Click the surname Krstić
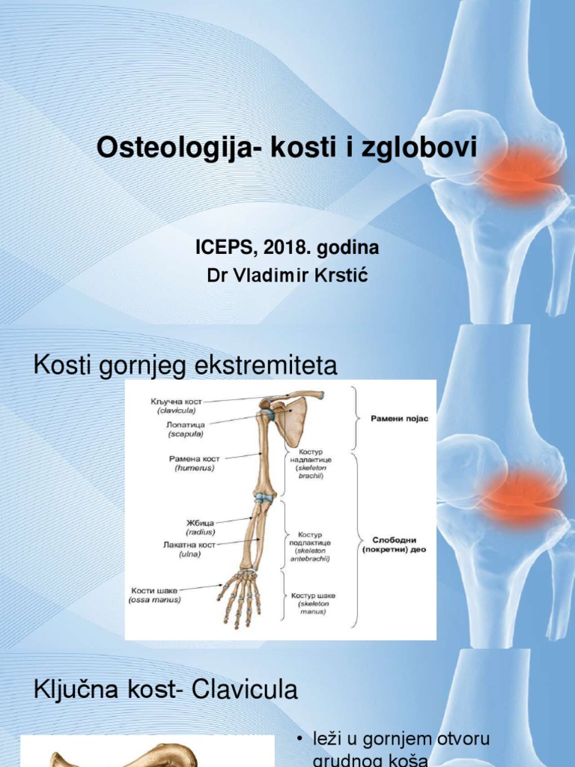click(336, 276)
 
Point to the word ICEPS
click(222, 248)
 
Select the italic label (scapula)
click(184, 433)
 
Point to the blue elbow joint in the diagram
click(263, 497)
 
